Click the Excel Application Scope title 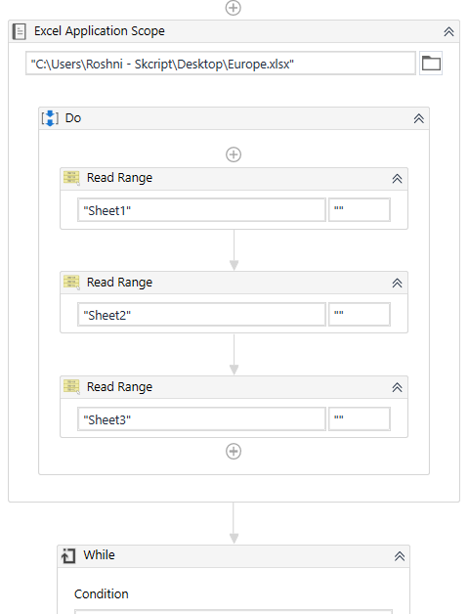pos(100,31)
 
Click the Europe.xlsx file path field pos(221,63)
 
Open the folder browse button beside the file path pos(431,63)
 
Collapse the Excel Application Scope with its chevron pos(448,31)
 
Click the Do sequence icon pos(50,118)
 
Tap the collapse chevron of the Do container pos(419,118)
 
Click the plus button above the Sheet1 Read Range pos(234,154)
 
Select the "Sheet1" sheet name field pos(201,210)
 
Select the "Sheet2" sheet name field pos(201,315)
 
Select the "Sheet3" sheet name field pos(201,419)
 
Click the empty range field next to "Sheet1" pos(360,210)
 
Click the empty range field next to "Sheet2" pos(360,315)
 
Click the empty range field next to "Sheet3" pos(360,419)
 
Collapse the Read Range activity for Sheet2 pos(397,284)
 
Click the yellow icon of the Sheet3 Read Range pos(71,387)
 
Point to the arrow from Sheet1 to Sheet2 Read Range pos(234,250)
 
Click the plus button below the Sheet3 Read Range pos(234,452)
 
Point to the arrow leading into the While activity pos(234,523)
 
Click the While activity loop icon pos(68,555)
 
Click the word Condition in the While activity pos(102,594)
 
